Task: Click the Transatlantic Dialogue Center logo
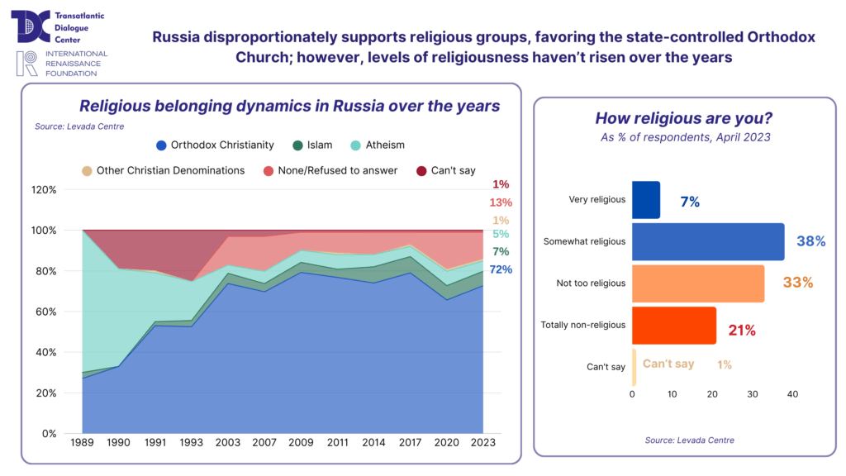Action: pos(32,26)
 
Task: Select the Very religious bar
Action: pos(646,200)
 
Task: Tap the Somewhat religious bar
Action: pos(708,241)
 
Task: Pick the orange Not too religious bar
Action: pos(698,283)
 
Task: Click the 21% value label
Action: pos(742,331)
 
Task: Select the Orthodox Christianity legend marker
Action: pos(161,145)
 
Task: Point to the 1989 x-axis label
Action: pos(83,444)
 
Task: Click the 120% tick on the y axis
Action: pos(44,189)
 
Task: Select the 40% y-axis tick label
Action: pos(46,352)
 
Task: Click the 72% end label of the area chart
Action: pos(501,269)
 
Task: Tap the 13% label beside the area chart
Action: pos(501,202)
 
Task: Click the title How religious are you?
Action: pos(684,118)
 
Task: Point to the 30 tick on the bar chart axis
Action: pos(753,395)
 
